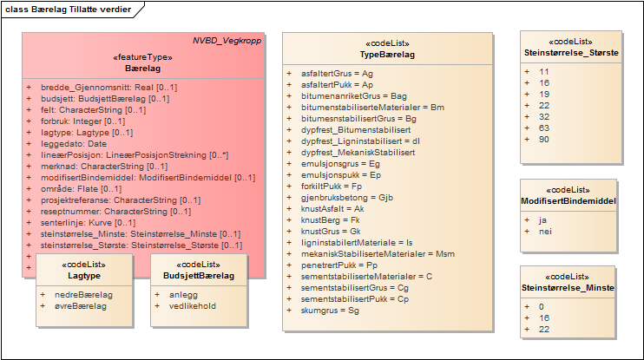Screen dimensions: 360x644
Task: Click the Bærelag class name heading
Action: [142, 68]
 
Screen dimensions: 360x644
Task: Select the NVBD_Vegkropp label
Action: [227, 41]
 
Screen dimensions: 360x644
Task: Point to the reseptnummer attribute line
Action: [105, 211]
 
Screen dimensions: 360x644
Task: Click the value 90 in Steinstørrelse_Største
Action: [544, 139]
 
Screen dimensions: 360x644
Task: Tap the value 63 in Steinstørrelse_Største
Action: [544, 128]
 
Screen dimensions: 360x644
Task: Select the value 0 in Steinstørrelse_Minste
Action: [542, 306]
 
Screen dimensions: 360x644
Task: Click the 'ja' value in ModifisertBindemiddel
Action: [543, 220]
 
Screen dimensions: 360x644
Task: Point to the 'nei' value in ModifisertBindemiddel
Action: [545, 232]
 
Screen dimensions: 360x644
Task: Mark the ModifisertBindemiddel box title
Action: [568, 200]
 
